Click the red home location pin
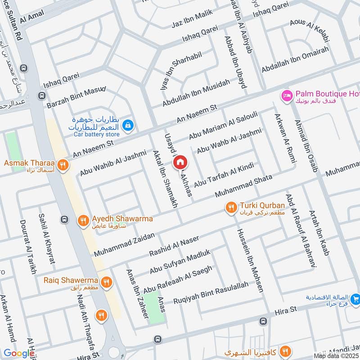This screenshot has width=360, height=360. (180, 162)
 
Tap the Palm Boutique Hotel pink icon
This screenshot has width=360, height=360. (286, 95)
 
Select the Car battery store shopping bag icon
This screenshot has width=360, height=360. (128, 125)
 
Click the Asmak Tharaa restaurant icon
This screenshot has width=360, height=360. (63, 164)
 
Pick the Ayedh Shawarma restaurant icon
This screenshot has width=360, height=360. (83, 220)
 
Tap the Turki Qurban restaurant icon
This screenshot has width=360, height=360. (231, 207)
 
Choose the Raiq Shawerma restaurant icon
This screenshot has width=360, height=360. (106, 282)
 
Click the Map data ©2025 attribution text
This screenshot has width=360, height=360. (336, 355)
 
